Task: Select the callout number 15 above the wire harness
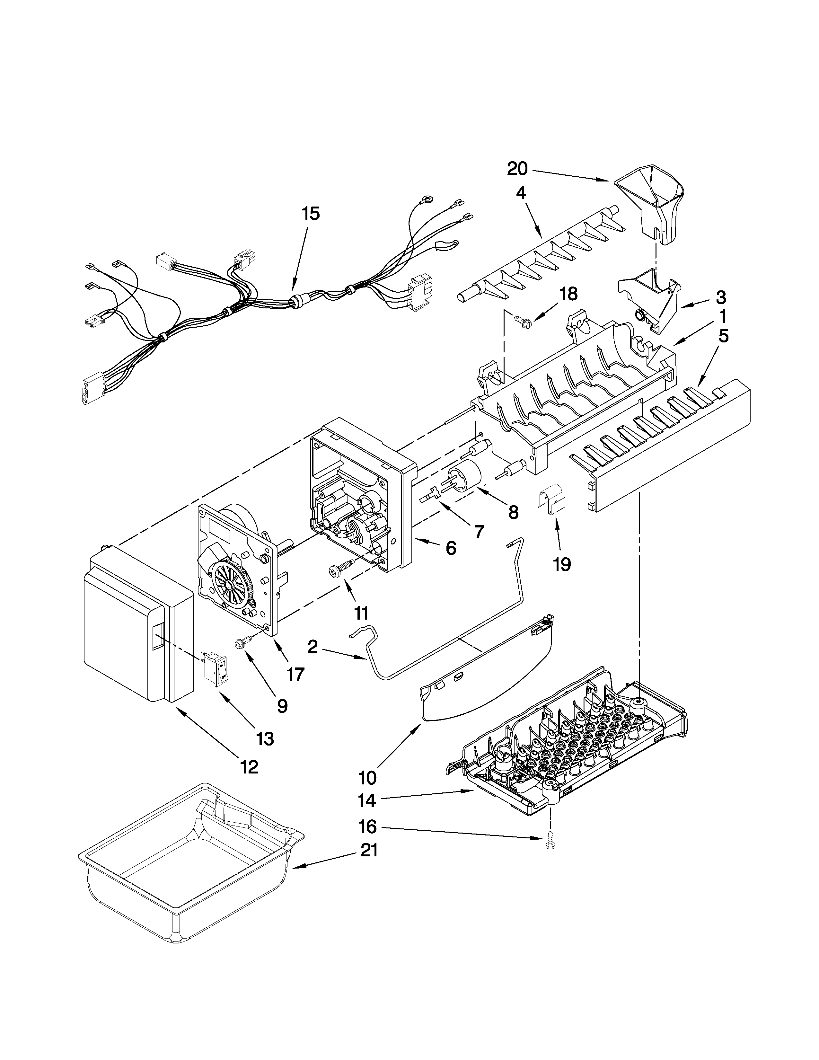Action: pos(311,214)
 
